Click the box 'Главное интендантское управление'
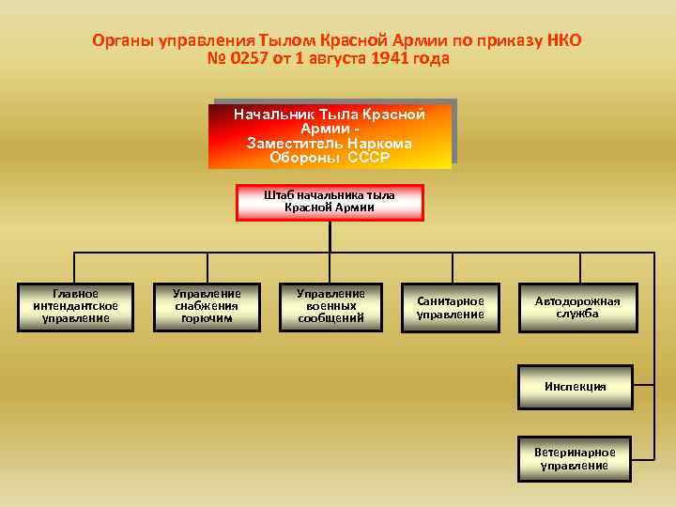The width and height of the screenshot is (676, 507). click(75, 306)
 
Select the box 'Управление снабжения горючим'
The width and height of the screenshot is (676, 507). click(207, 306)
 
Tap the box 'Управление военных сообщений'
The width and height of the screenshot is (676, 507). click(330, 306)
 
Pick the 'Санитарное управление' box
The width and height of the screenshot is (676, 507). click(451, 307)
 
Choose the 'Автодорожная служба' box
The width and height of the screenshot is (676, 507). click(577, 307)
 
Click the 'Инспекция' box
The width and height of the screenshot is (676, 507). click(575, 387)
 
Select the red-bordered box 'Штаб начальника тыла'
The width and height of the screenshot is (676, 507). click(330, 201)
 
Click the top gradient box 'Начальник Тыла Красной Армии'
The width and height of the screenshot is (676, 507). click(330, 135)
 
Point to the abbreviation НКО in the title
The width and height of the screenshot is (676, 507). click(562, 41)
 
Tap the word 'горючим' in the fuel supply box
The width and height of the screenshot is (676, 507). click(207, 318)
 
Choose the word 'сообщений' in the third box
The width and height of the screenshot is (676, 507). click(330, 318)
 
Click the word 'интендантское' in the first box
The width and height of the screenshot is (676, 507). click(75, 306)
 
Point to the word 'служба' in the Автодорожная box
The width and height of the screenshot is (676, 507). click(577, 314)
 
